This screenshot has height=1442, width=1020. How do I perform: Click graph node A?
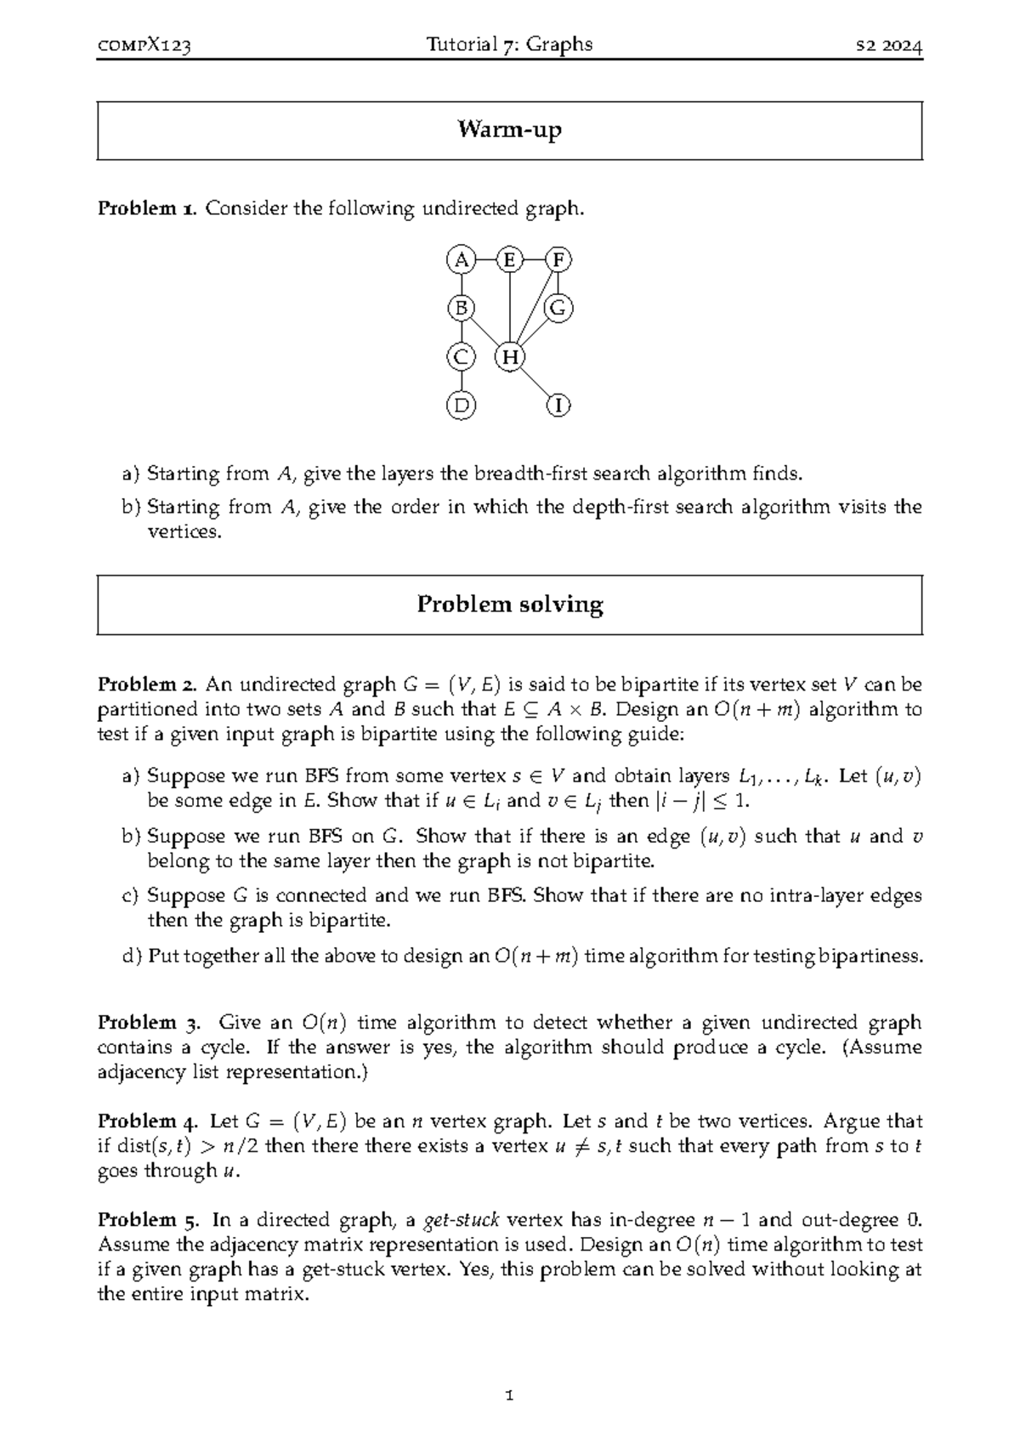click(x=461, y=260)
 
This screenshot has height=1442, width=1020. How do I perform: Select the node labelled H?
click(x=509, y=357)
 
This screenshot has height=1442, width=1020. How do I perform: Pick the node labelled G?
click(x=558, y=308)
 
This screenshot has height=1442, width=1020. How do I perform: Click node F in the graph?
click(x=558, y=260)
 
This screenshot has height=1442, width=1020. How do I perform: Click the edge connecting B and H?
click(x=484, y=332)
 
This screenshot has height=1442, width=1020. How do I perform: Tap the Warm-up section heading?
click(x=509, y=130)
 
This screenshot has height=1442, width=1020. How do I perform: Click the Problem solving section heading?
click(x=509, y=605)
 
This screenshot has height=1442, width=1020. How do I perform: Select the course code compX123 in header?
click(x=144, y=46)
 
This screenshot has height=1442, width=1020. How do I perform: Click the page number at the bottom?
click(x=509, y=1395)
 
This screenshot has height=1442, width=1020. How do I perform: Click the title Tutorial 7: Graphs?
click(x=509, y=45)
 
